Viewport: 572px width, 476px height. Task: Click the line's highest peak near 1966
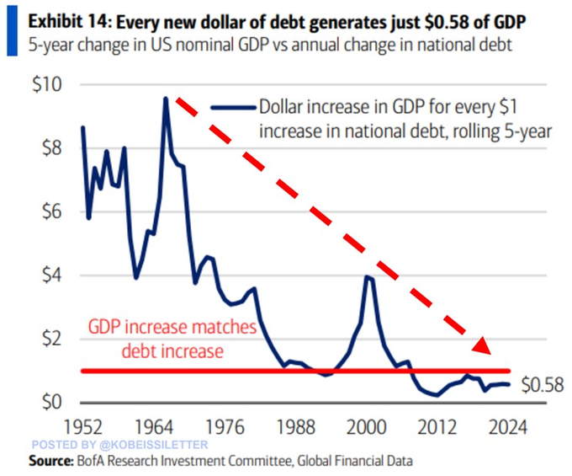pos(166,99)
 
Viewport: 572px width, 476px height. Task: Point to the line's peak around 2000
pos(368,276)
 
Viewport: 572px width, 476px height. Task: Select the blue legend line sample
pos(232,108)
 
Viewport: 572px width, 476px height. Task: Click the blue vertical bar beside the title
pos(9,26)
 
